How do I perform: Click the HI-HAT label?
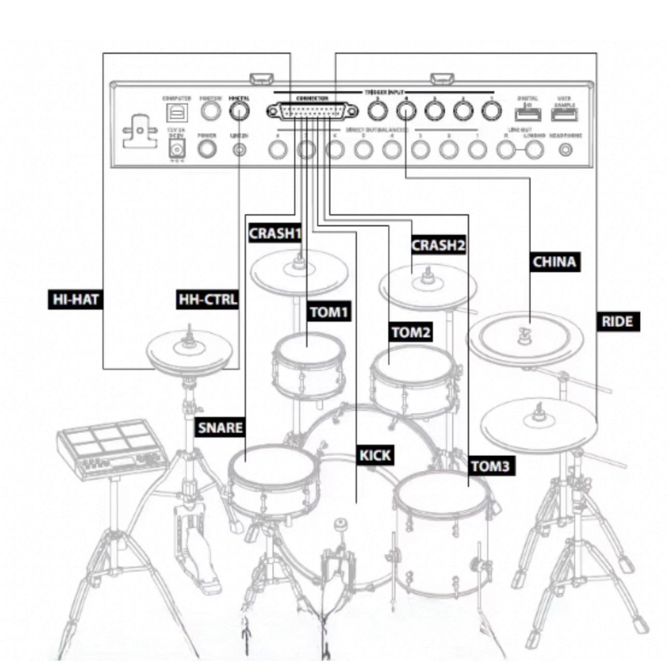(75, 299)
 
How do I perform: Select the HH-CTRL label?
(207, 299)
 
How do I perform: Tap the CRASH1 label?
(275, 233)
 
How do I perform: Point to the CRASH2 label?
(438, 245)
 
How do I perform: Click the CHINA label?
(554, 262)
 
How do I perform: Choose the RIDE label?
(617, 322)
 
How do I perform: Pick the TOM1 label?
(329, 312)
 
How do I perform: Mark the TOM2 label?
(411, 332)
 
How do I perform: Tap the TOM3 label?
(490, 466)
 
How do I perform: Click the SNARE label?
(220, 427)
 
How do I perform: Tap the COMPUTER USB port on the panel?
(177, 112)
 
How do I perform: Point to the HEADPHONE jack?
(566, 150)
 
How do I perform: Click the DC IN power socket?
(177, 150)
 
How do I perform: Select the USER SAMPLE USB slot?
(565, 115)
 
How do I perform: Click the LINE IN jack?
(239, 150)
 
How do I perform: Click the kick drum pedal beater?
(340, 524)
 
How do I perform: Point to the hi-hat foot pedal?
(192, 550)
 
